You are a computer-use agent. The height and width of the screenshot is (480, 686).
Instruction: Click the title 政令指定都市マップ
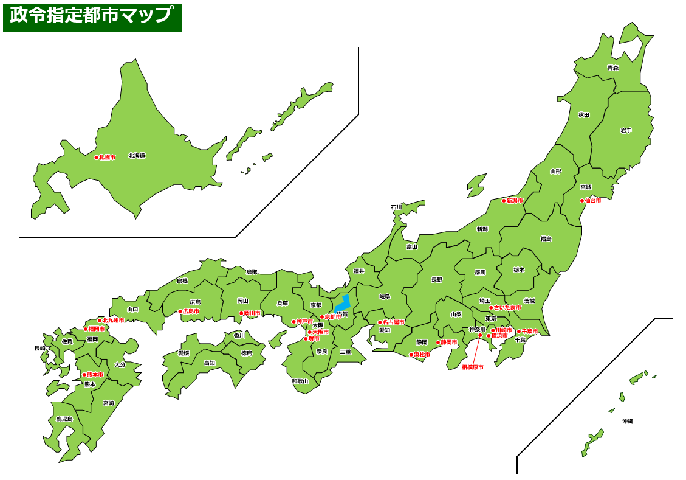(x=92, y=16)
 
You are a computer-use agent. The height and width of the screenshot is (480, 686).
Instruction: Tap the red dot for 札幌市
(x=96, y=157)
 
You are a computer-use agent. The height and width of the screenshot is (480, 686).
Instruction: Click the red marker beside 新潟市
(x=503, y=201)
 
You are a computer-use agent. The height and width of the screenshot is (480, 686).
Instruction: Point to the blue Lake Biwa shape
(x=343, y=302)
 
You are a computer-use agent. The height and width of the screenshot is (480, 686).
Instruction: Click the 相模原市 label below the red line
(x=472, y=367)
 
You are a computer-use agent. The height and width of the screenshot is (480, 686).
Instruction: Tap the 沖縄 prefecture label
(x=627, y=421)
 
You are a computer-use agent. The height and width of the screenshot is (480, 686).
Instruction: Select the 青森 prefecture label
(x=612, y=68)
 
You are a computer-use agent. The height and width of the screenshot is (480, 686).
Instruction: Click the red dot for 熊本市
(x=84, y=375)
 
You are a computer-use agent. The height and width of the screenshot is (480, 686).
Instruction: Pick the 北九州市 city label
(x=113, y=320)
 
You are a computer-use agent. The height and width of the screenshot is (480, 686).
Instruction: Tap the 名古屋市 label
(x=393, y=322)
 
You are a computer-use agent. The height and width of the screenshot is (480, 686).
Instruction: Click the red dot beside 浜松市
(x=411, y=355)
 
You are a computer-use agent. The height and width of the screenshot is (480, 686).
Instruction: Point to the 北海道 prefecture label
(x=137, y=156)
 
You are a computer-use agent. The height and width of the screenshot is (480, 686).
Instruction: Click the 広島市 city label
(x=191, y=311)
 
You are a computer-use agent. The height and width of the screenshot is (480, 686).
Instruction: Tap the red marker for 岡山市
(x=241, y=313)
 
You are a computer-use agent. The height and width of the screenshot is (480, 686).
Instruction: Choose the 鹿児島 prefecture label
(x=64, y=419)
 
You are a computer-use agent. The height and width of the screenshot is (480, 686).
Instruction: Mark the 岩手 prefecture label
(x=626, y=130)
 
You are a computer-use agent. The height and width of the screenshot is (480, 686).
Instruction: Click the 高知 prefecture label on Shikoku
(x=209, y=363)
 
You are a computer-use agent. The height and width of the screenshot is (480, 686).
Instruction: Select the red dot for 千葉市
(x=519, y=332)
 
